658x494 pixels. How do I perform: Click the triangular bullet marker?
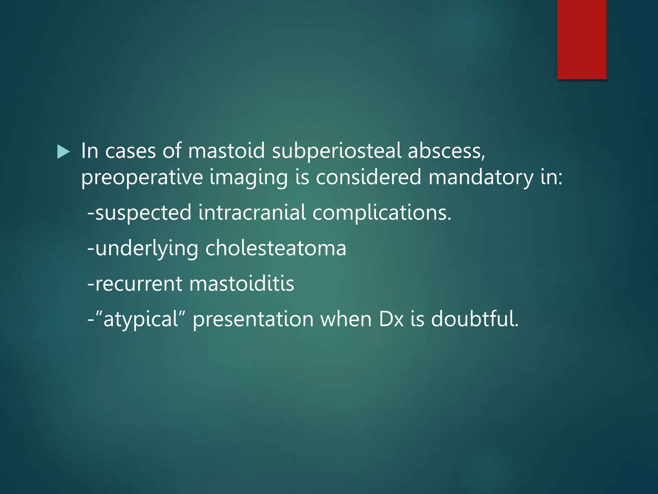(x=63, y=151)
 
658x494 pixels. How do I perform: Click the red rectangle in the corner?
(x=582, y=39)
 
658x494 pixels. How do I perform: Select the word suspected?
(x=143, y=213)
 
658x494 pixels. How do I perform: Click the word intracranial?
(x=252, y=213)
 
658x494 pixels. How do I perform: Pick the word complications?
(x=382, y=213)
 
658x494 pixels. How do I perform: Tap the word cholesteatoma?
(x=276, y=248)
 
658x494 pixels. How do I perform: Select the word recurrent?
(x=139, y=284)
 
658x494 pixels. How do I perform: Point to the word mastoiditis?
(x=242, y=284)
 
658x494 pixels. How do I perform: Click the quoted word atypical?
(x=141, y=320)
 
